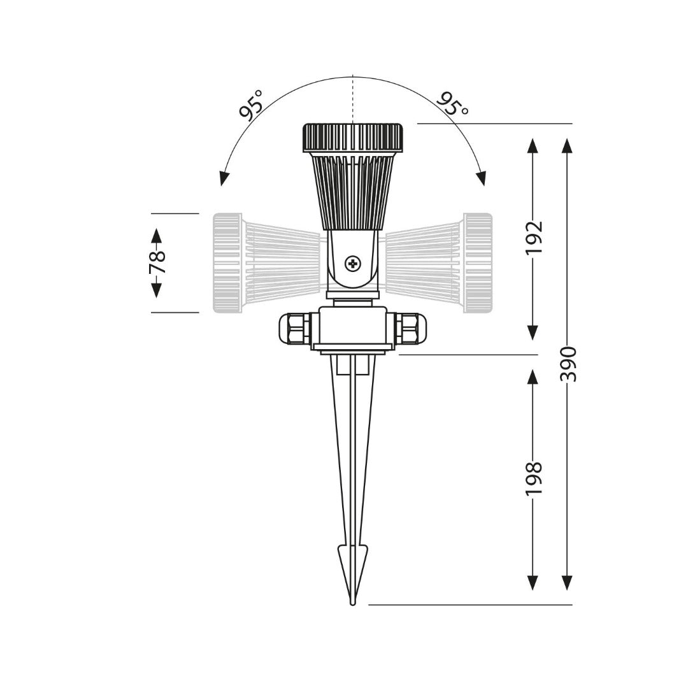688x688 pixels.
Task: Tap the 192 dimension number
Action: [533, 237]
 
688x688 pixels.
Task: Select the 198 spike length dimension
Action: [533, 478]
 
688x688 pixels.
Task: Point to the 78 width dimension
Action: [157, 262]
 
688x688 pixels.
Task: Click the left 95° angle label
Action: [251, 105]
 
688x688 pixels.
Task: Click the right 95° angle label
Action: [453, 103]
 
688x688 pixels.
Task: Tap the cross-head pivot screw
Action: [352, 263]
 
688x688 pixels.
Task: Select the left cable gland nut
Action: [295, 328]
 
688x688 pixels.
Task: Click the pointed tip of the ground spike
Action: [352, 601]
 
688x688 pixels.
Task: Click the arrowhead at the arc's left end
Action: [223, 178]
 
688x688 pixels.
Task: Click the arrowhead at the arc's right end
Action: [482, 178]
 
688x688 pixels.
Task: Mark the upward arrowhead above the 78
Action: [157, 234]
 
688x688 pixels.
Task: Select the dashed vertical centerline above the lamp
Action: [352, 99]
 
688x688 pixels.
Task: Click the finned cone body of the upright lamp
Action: [352, 191]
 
